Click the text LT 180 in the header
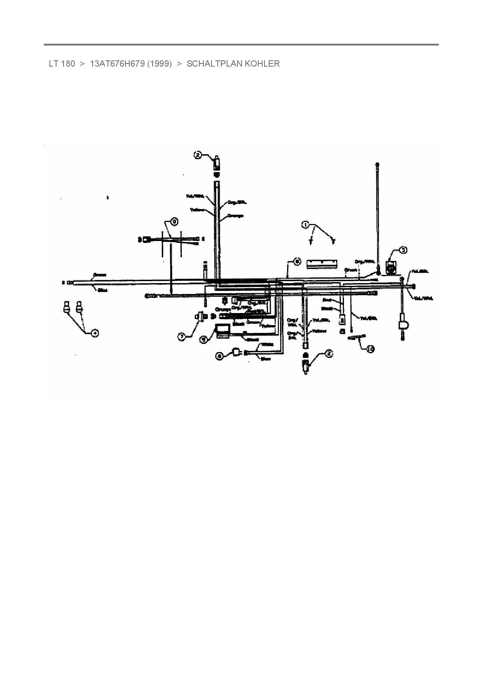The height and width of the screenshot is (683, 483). click(x=62, y=64)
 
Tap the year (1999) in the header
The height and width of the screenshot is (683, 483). click(x=159, y=64)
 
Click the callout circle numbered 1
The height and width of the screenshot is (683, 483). click(x=305, y=225)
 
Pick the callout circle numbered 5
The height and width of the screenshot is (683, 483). click(x=203, y=340)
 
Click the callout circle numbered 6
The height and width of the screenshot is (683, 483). click(x=220, y=355)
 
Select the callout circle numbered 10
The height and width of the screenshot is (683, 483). click(x=370, y=349)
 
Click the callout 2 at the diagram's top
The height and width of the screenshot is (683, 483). click(x=198, y=155)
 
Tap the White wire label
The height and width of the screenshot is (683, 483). click(x=267, y=344)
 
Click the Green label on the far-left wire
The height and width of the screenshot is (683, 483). click(x=100, y=275)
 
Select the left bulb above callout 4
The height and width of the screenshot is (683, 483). click(x=67, y=306)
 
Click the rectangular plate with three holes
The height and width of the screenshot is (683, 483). click(x=321, y=263)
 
